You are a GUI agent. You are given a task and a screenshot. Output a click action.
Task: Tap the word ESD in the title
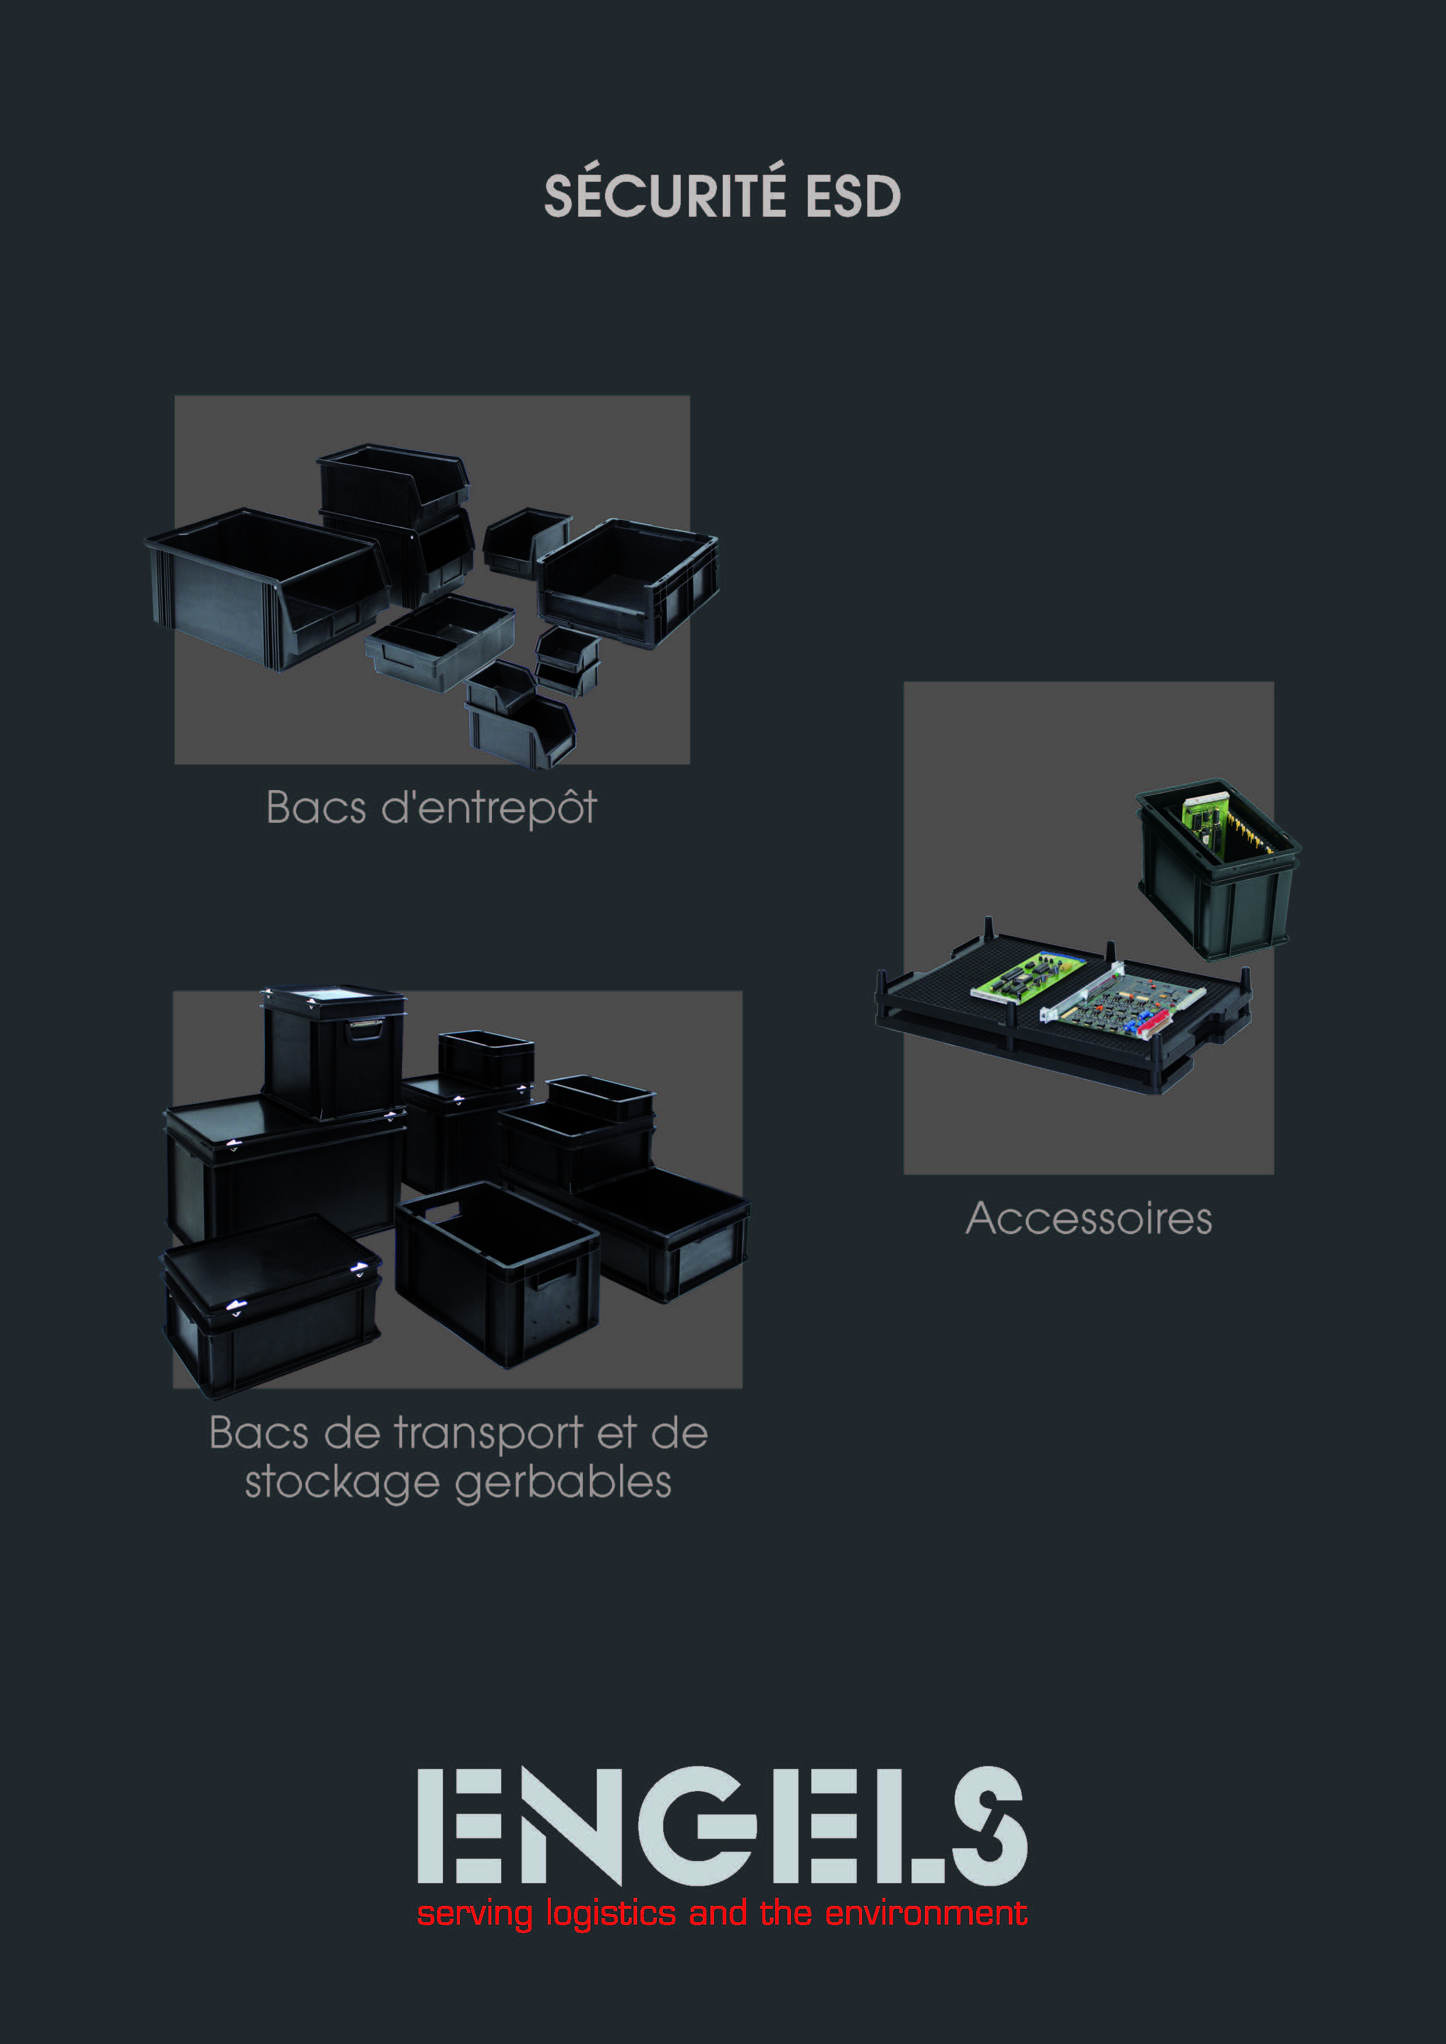click(853, 196)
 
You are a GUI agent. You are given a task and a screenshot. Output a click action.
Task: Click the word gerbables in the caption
click(563, 1482)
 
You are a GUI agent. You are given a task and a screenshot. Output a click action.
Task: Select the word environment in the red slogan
click(926, 1912)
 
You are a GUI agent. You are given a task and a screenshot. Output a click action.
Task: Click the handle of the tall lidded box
click(365, 1030)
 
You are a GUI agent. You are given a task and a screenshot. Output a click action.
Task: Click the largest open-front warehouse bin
click(267, 587)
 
